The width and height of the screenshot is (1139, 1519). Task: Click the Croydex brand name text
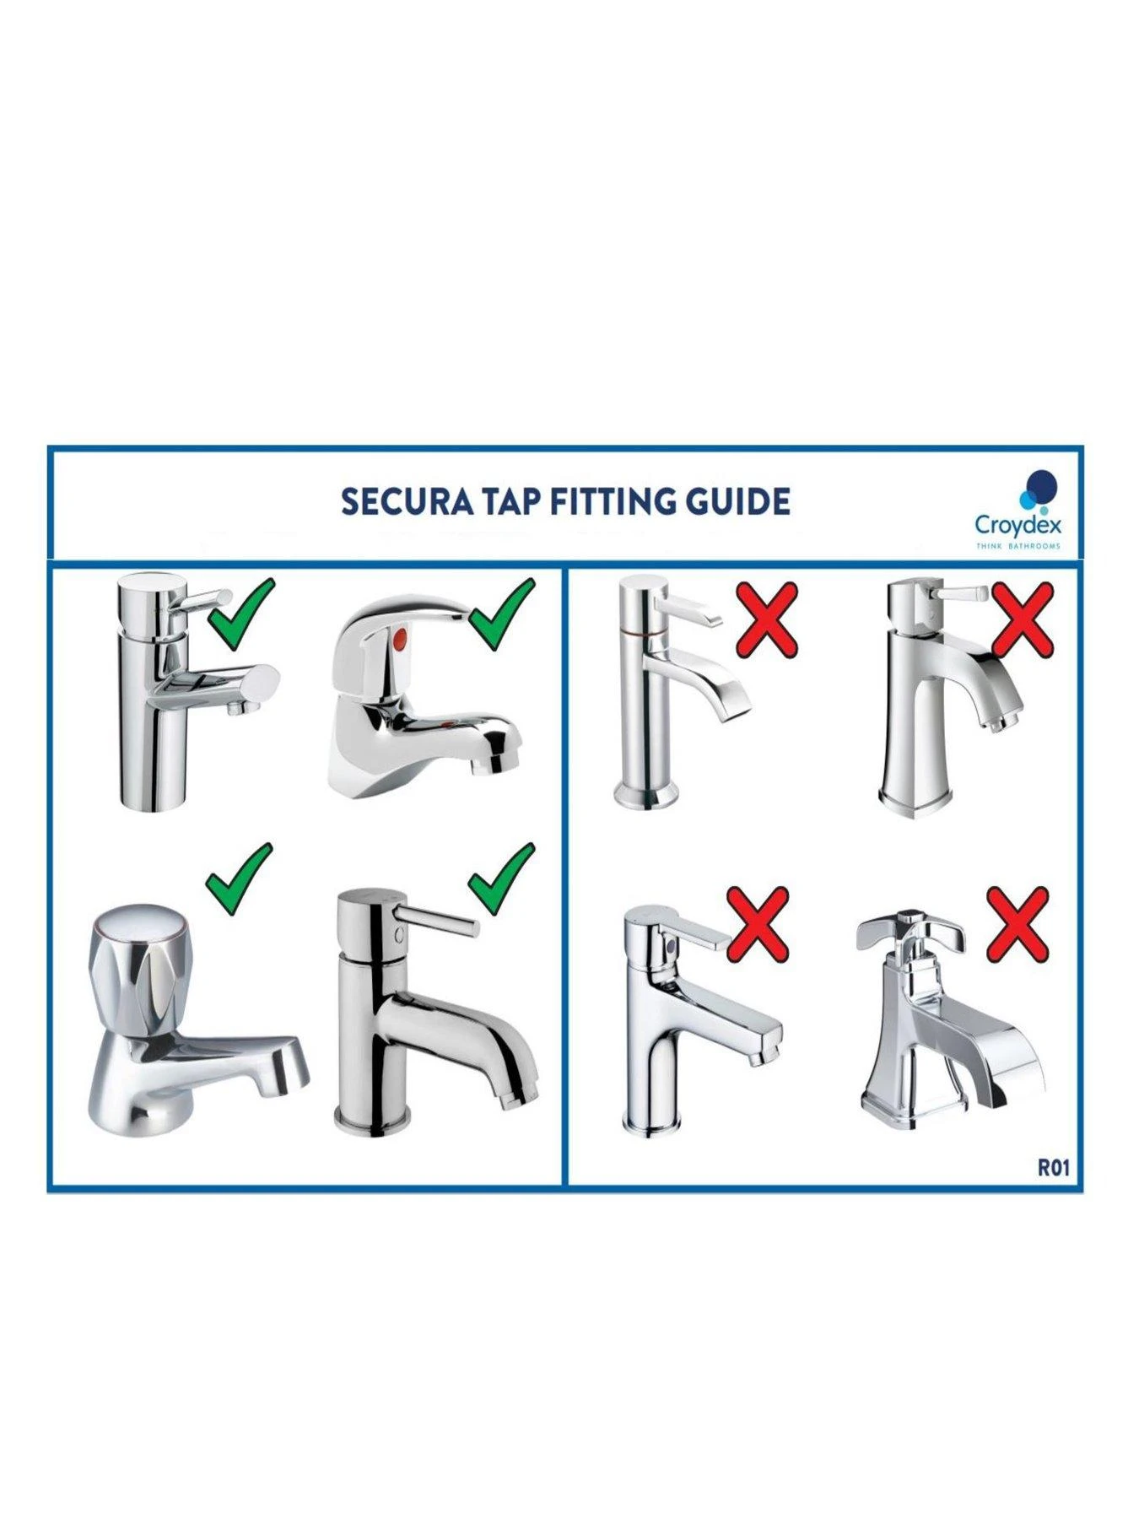(x=1018, y=525)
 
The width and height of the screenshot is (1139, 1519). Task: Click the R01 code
(x=1054, y=1168)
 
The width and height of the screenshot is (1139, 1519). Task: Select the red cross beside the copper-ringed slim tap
(x=767, y=620)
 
